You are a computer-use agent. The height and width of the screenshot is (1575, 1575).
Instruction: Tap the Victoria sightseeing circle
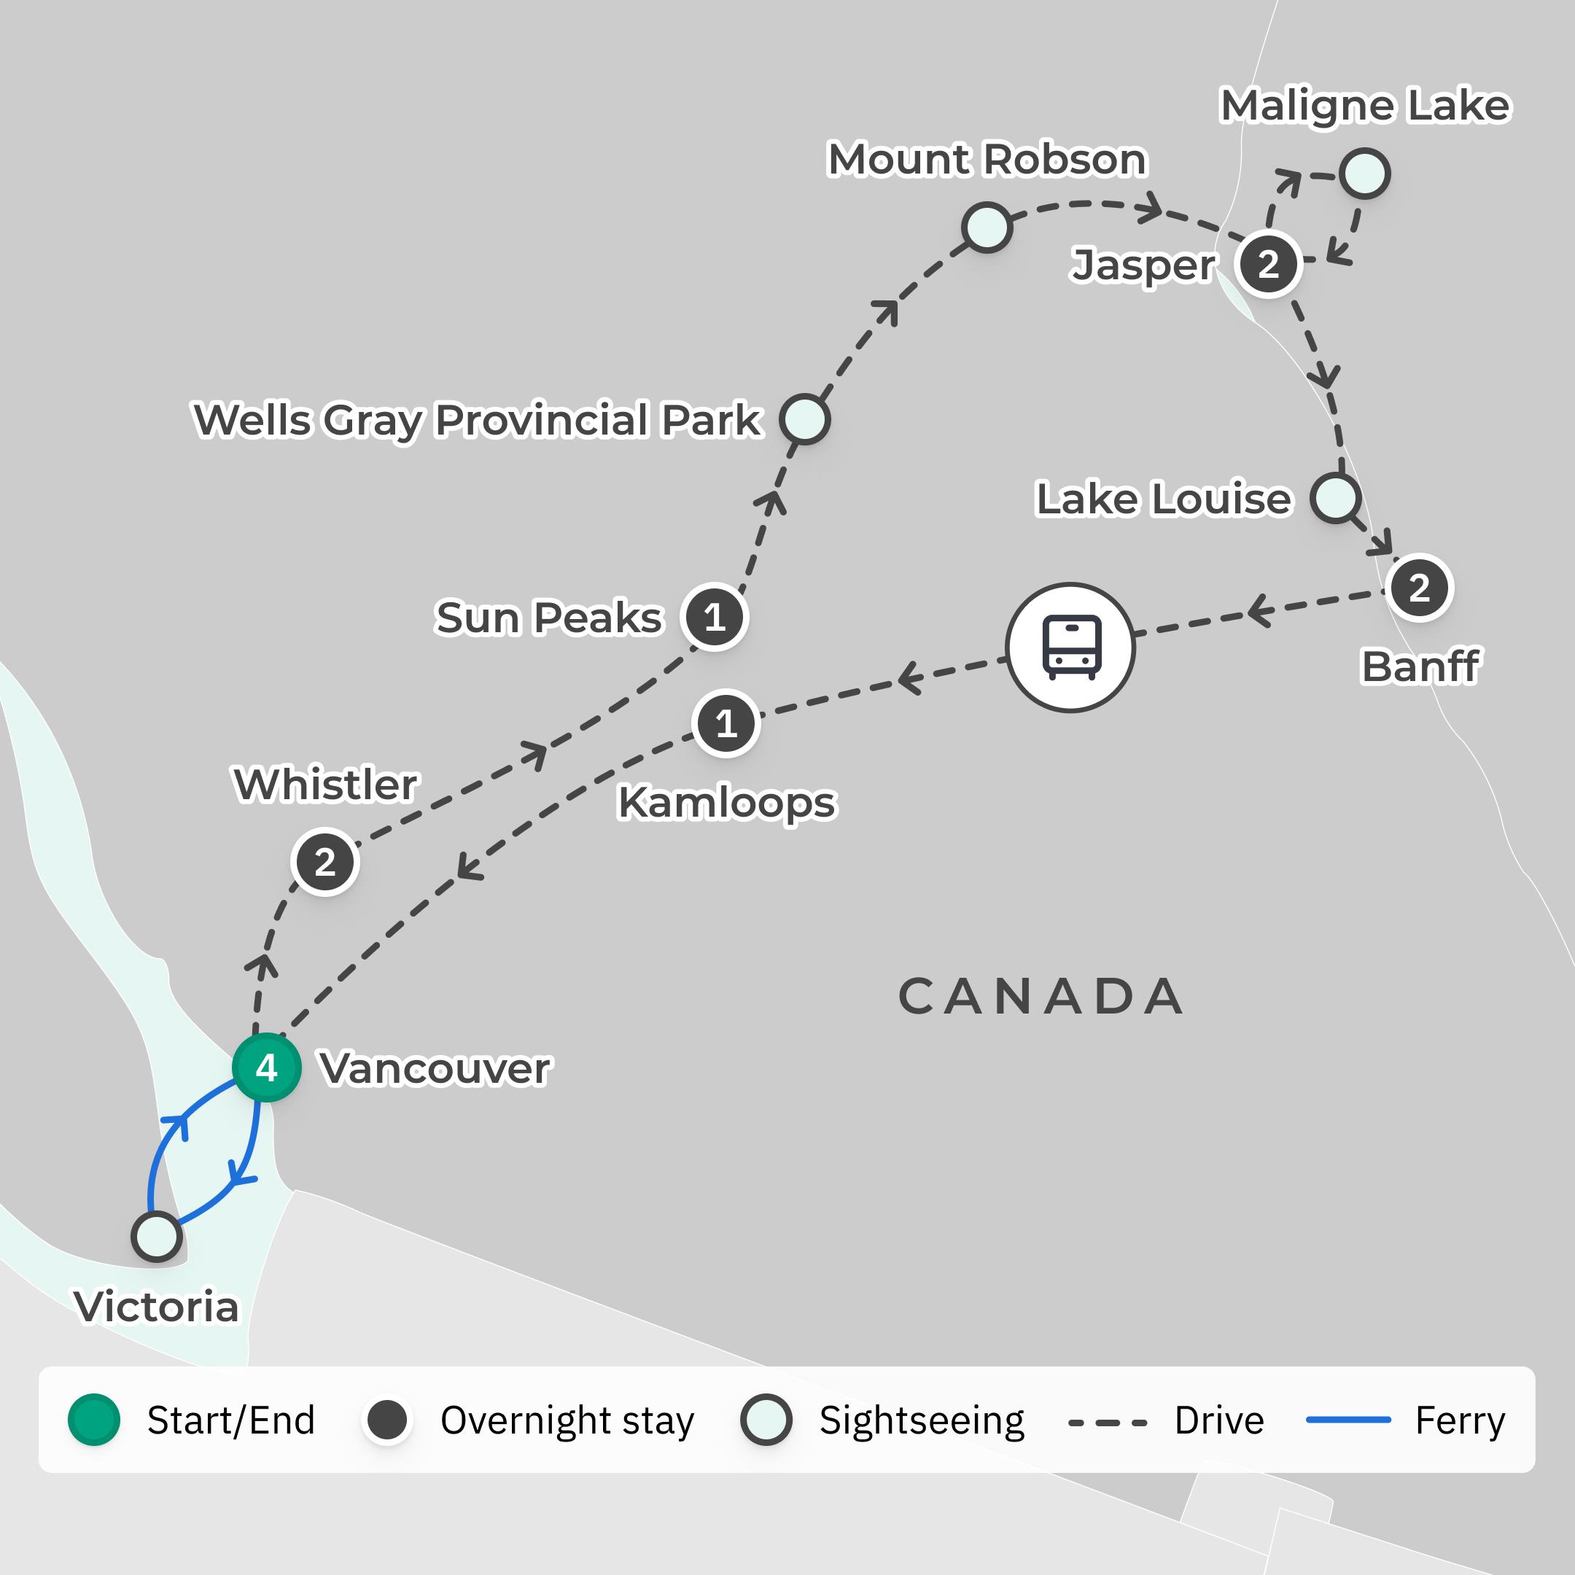click(157, 1237)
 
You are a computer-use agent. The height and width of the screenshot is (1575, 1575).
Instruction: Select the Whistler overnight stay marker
click(324, 862)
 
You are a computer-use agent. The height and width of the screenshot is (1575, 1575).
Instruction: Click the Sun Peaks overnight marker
click(714, 617)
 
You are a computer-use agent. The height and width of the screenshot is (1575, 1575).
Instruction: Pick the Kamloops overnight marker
click(726, 723)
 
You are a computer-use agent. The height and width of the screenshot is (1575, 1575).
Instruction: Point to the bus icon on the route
click(1070, 648)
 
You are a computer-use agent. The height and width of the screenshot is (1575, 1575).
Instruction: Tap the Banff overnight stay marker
click(1419, 588)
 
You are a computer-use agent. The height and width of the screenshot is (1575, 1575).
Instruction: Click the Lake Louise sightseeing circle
click(1335, 497)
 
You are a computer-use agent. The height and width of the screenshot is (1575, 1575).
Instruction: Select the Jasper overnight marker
click(1268, 264)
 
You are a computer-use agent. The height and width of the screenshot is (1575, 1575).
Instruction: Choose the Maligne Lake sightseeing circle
click(1365, 174)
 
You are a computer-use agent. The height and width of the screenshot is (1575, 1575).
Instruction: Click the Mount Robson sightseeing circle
click(987, 227)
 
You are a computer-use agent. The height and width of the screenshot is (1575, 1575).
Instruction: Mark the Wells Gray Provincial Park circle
click(804, 419)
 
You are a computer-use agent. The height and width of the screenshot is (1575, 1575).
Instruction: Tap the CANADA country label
click(1041, 996)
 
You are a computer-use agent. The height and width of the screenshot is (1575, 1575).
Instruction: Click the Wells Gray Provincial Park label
click(477, 421)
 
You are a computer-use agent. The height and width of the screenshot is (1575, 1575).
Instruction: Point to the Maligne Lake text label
click(1365, 106)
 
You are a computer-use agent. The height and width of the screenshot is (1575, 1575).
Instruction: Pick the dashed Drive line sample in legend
click(1107, 1423)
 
